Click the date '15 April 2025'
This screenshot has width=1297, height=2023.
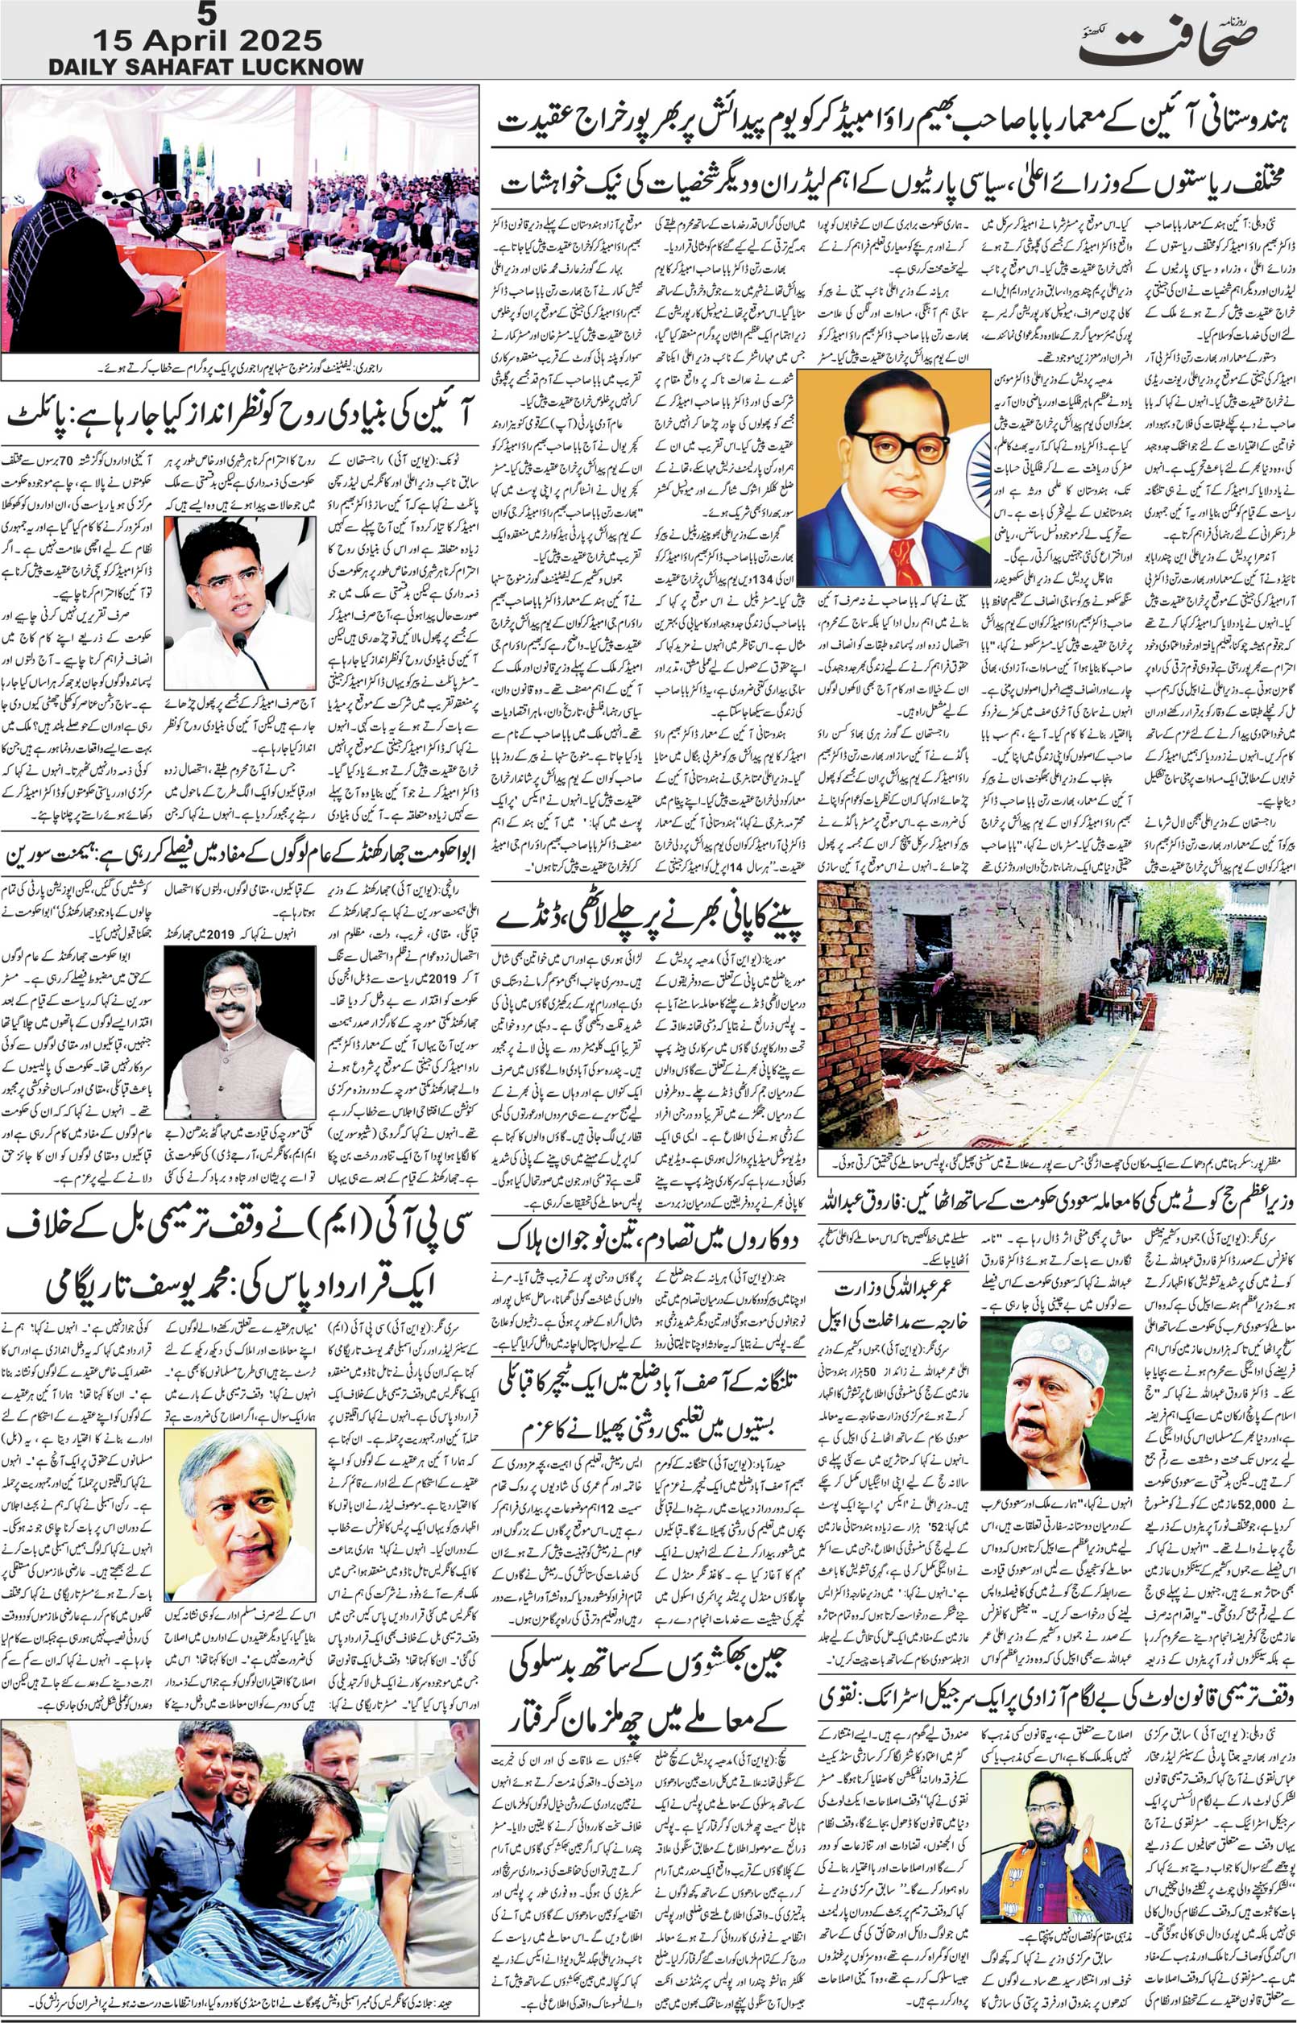[x=205, y=39]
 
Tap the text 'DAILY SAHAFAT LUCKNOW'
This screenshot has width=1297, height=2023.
[x=205, y=68]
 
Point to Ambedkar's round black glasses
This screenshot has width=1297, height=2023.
[x=888, y=445]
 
